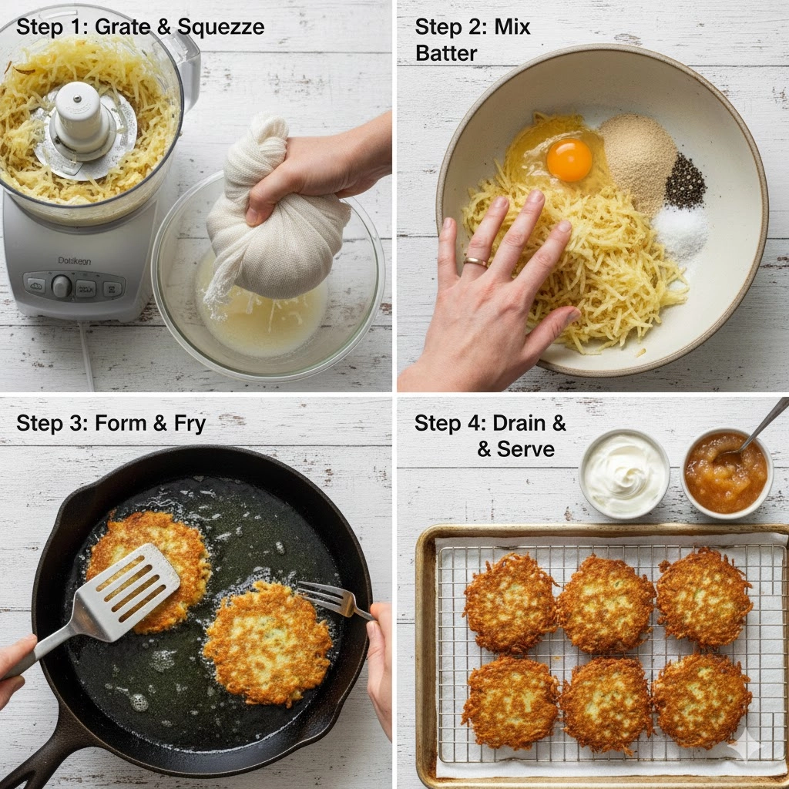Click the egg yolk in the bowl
(x=569, y=160)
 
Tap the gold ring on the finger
(x=475, y=262)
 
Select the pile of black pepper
(x=685, y=180)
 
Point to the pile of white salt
(x=680, y=231)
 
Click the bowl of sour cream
(x=624, y=473)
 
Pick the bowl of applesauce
(x=727, y=473)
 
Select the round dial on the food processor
(x=62, y=285)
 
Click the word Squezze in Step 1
(x=221, y=27)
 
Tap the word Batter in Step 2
(x=446, y=53)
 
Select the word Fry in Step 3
(x=190, y=424)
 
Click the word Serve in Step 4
(x=525, y=449)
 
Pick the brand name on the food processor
(x=75, y=260)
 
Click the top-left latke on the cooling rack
(x=511, y=603)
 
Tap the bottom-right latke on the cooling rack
(x=702, y=700)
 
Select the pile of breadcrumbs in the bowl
(x=637, y=160)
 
